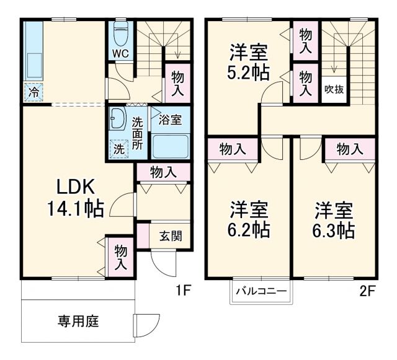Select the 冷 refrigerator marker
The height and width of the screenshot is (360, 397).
[32, 92]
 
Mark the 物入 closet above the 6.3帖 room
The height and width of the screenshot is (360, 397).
[350, 149]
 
